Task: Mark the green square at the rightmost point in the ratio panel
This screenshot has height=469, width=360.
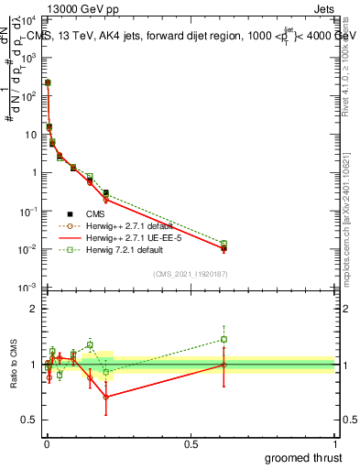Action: (224, 339)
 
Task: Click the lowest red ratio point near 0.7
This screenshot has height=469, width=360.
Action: (106, 397)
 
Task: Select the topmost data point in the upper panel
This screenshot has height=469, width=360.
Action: (48, 82)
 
